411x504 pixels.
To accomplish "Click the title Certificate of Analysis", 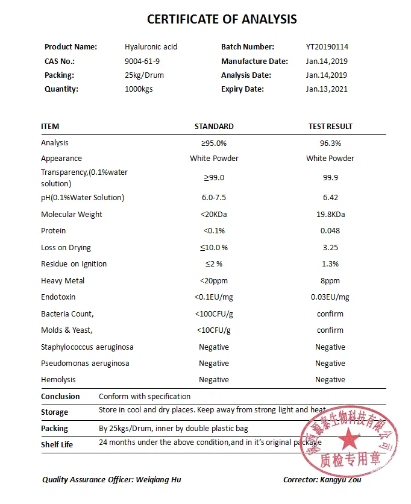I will click(222, 19).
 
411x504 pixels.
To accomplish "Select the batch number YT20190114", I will click(327, 47).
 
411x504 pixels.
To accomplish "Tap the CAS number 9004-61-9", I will click(142, 61).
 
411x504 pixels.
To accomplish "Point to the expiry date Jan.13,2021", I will click(327, 89).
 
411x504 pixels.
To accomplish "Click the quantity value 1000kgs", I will click(140, 89).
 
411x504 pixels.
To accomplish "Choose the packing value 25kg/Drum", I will click(144, 75).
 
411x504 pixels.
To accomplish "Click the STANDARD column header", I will click(214, 127).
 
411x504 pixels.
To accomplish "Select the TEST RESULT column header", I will click(330, 127).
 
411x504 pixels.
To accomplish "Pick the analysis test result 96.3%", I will click(330, 143).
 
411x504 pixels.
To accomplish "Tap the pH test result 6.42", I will click(330, 198).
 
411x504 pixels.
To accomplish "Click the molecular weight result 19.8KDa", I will click(330, 215).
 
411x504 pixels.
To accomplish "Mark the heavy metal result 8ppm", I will click(330, 281).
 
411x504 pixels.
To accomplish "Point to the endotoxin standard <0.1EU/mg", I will click(214, 297).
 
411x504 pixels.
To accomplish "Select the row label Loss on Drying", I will click(66, 248).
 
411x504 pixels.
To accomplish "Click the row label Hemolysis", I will click(58, 380).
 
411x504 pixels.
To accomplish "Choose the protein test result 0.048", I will click(330, 231).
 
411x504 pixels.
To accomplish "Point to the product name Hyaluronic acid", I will click(151, 47).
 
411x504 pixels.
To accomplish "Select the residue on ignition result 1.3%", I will click(330, 264).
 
